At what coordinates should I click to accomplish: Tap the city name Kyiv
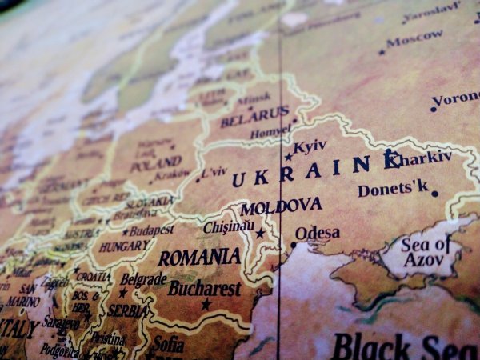[x=310, y=147]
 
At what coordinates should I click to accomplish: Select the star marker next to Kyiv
[x=288, y=157]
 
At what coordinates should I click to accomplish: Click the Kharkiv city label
[x=419, y=158]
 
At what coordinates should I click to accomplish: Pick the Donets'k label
[x=393, y=190]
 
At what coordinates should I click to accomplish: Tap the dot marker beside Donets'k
[x=435, y=193]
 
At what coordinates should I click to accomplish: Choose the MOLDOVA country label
[x=281, y=206]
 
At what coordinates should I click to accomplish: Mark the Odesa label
[x=317, y=234]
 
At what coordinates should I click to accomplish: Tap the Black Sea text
[x=405, y=346]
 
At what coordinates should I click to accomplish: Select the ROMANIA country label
[x=199, y=258]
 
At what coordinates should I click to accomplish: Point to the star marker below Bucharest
[x=206, y=304]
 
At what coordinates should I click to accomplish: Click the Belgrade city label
[x=143, y=280]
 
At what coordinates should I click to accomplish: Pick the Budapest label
[x=151, y=230]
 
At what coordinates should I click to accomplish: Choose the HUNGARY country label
[x=126, y=246]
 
